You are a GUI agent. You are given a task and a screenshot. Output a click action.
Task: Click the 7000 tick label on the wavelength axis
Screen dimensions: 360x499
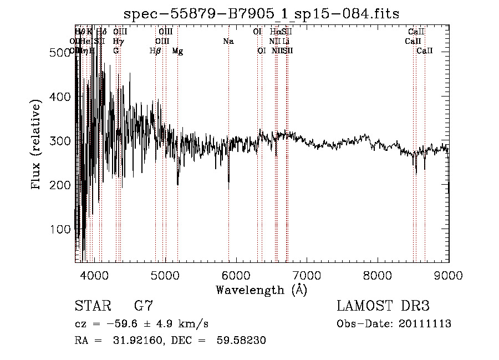click(x=307, y=276)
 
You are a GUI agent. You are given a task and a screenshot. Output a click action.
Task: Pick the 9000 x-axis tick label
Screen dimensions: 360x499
click(x=449, y=276)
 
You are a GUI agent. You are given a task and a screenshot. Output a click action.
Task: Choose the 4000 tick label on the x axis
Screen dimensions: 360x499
click(x=94, y=276)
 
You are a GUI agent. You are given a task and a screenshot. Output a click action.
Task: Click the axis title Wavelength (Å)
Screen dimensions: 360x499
click(x=261, y=290)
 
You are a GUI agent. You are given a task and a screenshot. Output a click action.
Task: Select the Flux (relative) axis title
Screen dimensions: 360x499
click(x=37, y=145)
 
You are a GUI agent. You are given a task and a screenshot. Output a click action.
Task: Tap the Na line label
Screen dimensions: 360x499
click(x=228, y=42)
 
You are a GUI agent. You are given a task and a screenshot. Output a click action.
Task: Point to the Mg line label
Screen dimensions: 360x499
click(x=177, y=51)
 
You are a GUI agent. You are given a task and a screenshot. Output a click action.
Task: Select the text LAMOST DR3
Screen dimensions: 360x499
click(x=383, y=306)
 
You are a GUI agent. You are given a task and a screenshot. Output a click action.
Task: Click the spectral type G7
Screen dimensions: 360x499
click(x=144, y=306)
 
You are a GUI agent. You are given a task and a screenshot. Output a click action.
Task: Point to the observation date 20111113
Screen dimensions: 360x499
click(x=426, y=324)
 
